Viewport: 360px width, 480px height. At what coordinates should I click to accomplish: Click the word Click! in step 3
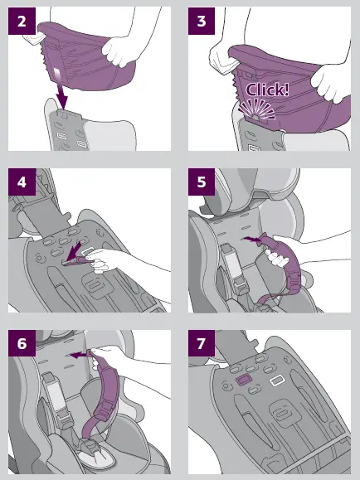(267, 90)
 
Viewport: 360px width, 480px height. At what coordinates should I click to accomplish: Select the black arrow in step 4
(76, 249)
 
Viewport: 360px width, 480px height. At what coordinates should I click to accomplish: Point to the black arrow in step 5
(248, 237)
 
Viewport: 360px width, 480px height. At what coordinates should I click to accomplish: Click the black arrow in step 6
(79, 354)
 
